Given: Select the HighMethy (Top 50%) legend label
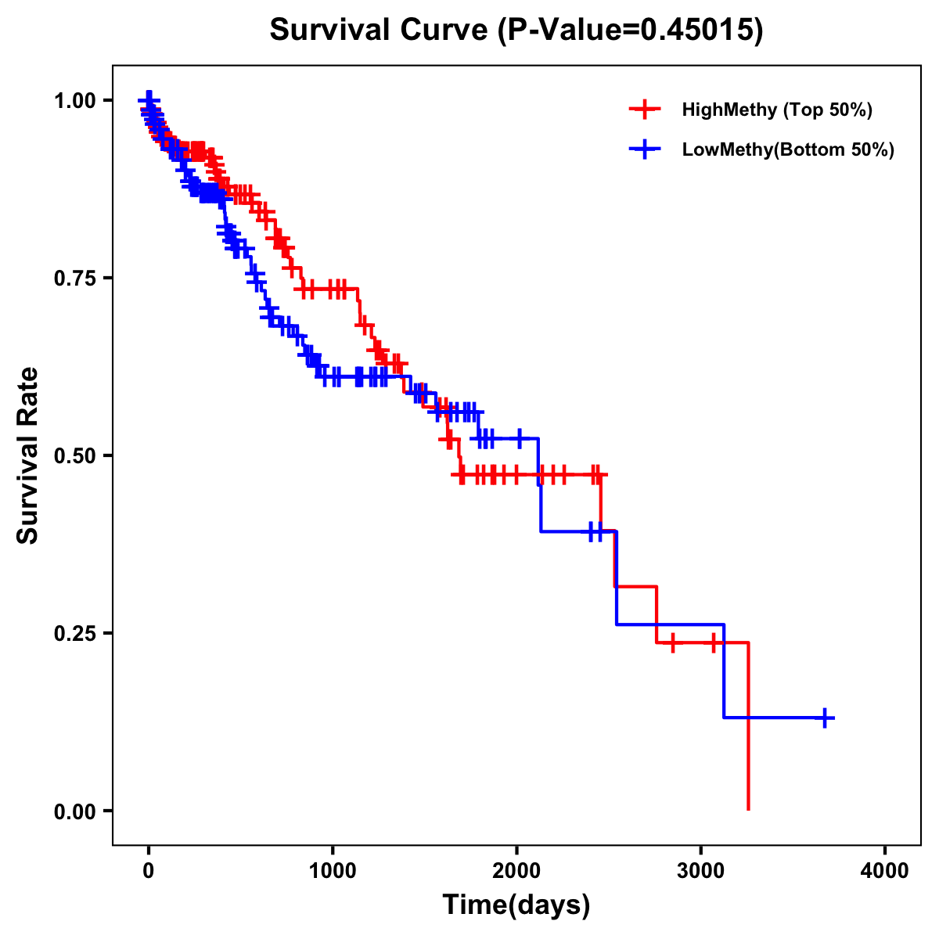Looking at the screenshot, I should pos(776,110).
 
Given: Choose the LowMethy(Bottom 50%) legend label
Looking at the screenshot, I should pos(787,150).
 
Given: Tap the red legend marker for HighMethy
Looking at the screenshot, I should pos(644,110).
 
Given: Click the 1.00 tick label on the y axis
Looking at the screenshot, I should pos(74,101).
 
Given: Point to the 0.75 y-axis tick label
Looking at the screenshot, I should pos(74,279).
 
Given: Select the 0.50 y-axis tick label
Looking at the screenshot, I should pos(74,456).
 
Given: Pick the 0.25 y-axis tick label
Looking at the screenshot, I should pos(74,634).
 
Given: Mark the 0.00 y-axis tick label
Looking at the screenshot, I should pos(74,811).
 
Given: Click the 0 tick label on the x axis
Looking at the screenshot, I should pos(149,870).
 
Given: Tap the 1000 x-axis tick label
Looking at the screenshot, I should pos(333,870).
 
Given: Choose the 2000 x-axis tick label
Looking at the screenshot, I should pos(516,870).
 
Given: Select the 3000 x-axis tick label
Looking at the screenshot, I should pos(700,870).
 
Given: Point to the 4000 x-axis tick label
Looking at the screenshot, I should pos(885,870).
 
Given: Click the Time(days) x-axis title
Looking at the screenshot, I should pos(516,905).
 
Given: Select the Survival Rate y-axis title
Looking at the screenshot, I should pos(28,455).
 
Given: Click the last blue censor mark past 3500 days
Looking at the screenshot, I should pos(824,718).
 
